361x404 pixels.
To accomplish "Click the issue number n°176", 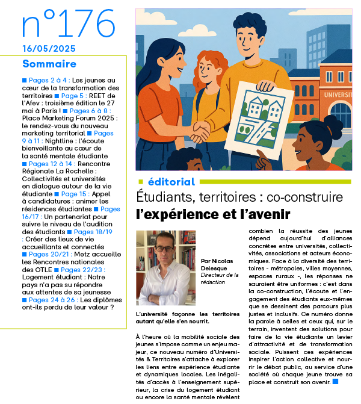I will click(x=67, y=24).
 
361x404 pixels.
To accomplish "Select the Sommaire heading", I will click(x=49, y=64).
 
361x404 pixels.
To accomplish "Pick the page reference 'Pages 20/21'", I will click(x=50, y=254).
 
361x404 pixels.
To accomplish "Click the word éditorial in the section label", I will click(x=171, y=182).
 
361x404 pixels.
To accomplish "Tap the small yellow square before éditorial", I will click(x=140, y=182).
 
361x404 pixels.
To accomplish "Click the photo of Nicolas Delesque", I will click(x=165, y=267).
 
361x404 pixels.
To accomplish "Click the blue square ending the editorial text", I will click(x=335, y=381).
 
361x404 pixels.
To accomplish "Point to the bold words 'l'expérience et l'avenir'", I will click(x=214, y=214).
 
